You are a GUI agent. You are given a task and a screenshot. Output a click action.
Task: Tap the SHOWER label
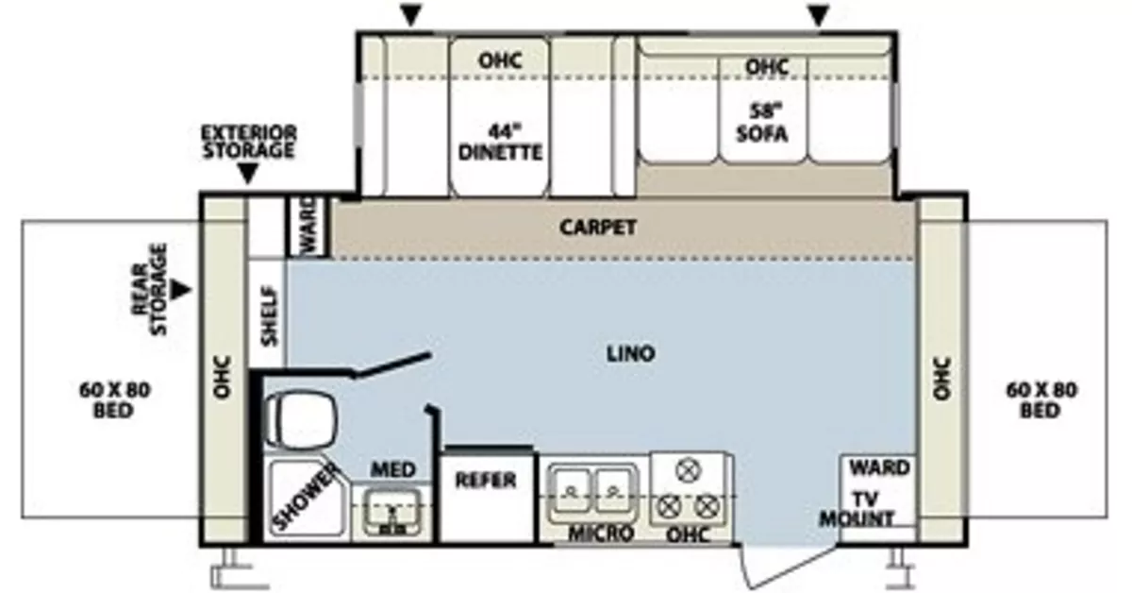pyautogui.click(x=307, y=498)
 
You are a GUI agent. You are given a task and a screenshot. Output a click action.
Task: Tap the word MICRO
pyautogui.click(x=600, y=534)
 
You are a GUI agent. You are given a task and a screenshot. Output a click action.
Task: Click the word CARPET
pyautogui.click(x=598, y=228)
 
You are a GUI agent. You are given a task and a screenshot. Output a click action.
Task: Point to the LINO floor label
pyautogui.click(x=631, y=354)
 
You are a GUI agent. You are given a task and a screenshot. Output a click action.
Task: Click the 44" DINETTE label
pyautogui.click(x=501, y=141)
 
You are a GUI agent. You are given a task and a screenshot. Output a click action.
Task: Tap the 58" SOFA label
pyautogui.click(x=762, y=123)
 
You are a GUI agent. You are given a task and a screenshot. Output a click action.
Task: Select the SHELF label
pyautogui.click(x=268, y=315)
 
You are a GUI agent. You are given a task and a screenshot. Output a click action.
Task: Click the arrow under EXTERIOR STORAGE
pyautogui.click(x=248, y=175)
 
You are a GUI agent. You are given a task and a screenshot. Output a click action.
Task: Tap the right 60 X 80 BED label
pyautogui.click(x=1041, y=400)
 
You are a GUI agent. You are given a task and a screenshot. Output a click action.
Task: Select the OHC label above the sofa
pyautogui.click(x=766, y=67)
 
